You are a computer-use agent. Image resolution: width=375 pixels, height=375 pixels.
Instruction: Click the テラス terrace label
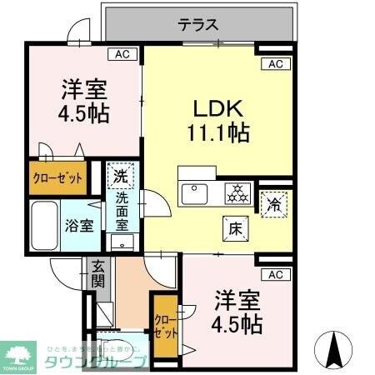[x=197, y=24]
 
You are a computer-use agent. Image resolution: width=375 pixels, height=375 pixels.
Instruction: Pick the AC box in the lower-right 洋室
[x=275, y=273]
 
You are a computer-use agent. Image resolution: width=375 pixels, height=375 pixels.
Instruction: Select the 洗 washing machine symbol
[x=121, y=176]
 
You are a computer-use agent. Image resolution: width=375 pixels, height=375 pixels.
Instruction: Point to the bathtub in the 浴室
[x=43, y=224]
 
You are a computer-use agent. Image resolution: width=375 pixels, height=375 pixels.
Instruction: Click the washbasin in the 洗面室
[x=123, y=242]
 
